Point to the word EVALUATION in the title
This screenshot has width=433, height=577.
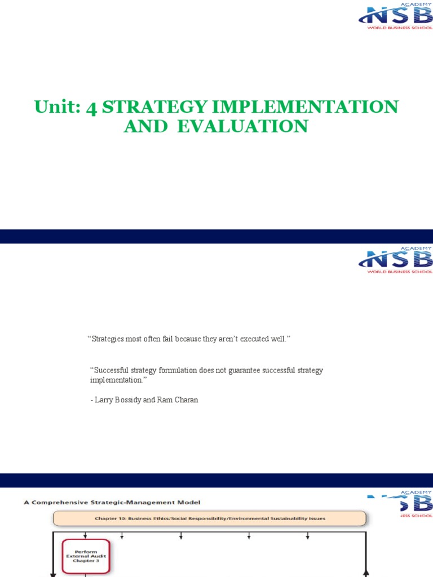(x=243, y=126)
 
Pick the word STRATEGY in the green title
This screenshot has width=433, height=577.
(x=154, y=106)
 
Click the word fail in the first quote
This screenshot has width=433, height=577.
(x=164, y=338)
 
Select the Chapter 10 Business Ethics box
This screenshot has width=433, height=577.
(x=209, y=518)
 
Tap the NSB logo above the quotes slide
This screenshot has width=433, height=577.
(x=395, y=260)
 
